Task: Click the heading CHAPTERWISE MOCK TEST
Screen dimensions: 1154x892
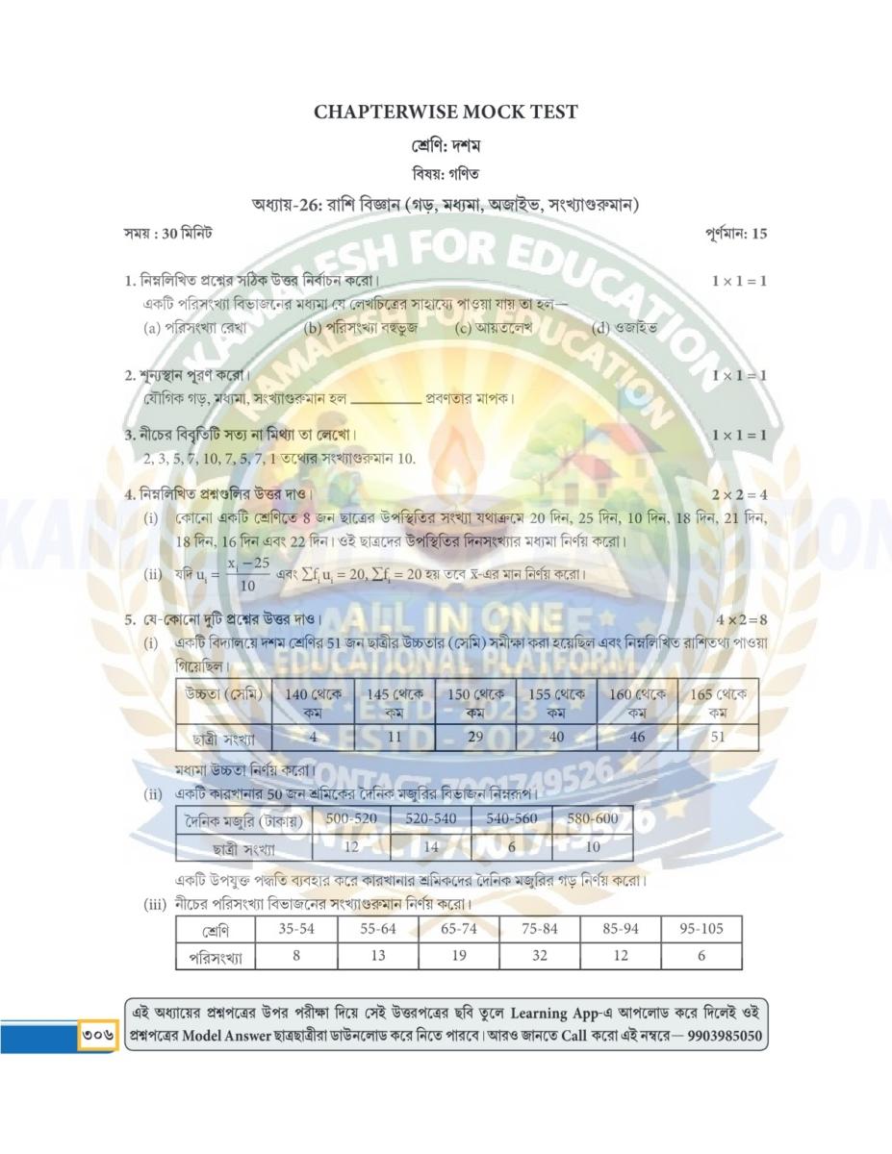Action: [446, 113]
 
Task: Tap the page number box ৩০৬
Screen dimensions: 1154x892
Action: [97, 1036]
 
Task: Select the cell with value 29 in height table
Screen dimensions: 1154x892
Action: [473, 738]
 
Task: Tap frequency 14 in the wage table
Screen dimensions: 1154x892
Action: [431, 847]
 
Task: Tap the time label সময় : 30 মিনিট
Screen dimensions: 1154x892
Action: [167, 234]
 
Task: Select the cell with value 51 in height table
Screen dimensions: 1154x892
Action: [717, 738]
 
